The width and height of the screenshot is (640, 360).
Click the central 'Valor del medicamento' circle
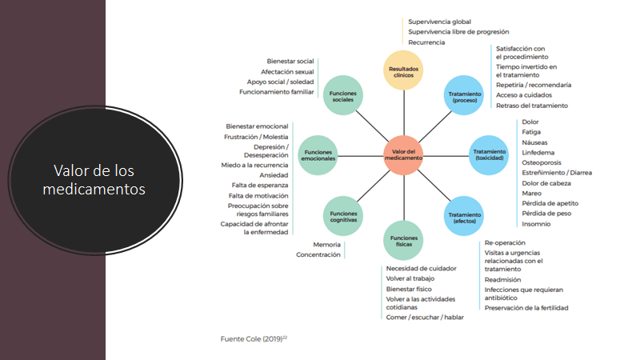403,154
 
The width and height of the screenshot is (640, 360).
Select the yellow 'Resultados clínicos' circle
403,70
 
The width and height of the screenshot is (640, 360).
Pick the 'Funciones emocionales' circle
318,154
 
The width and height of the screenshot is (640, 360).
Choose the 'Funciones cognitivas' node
342,215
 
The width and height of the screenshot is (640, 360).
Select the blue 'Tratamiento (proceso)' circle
464,95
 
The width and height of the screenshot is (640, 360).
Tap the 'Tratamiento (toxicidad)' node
489,154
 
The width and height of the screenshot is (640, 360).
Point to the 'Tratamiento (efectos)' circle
464,214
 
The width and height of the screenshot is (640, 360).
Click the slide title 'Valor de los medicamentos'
99,179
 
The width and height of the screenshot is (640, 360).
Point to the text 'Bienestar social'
290,61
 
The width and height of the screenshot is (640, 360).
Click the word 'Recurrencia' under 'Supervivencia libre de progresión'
426,42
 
